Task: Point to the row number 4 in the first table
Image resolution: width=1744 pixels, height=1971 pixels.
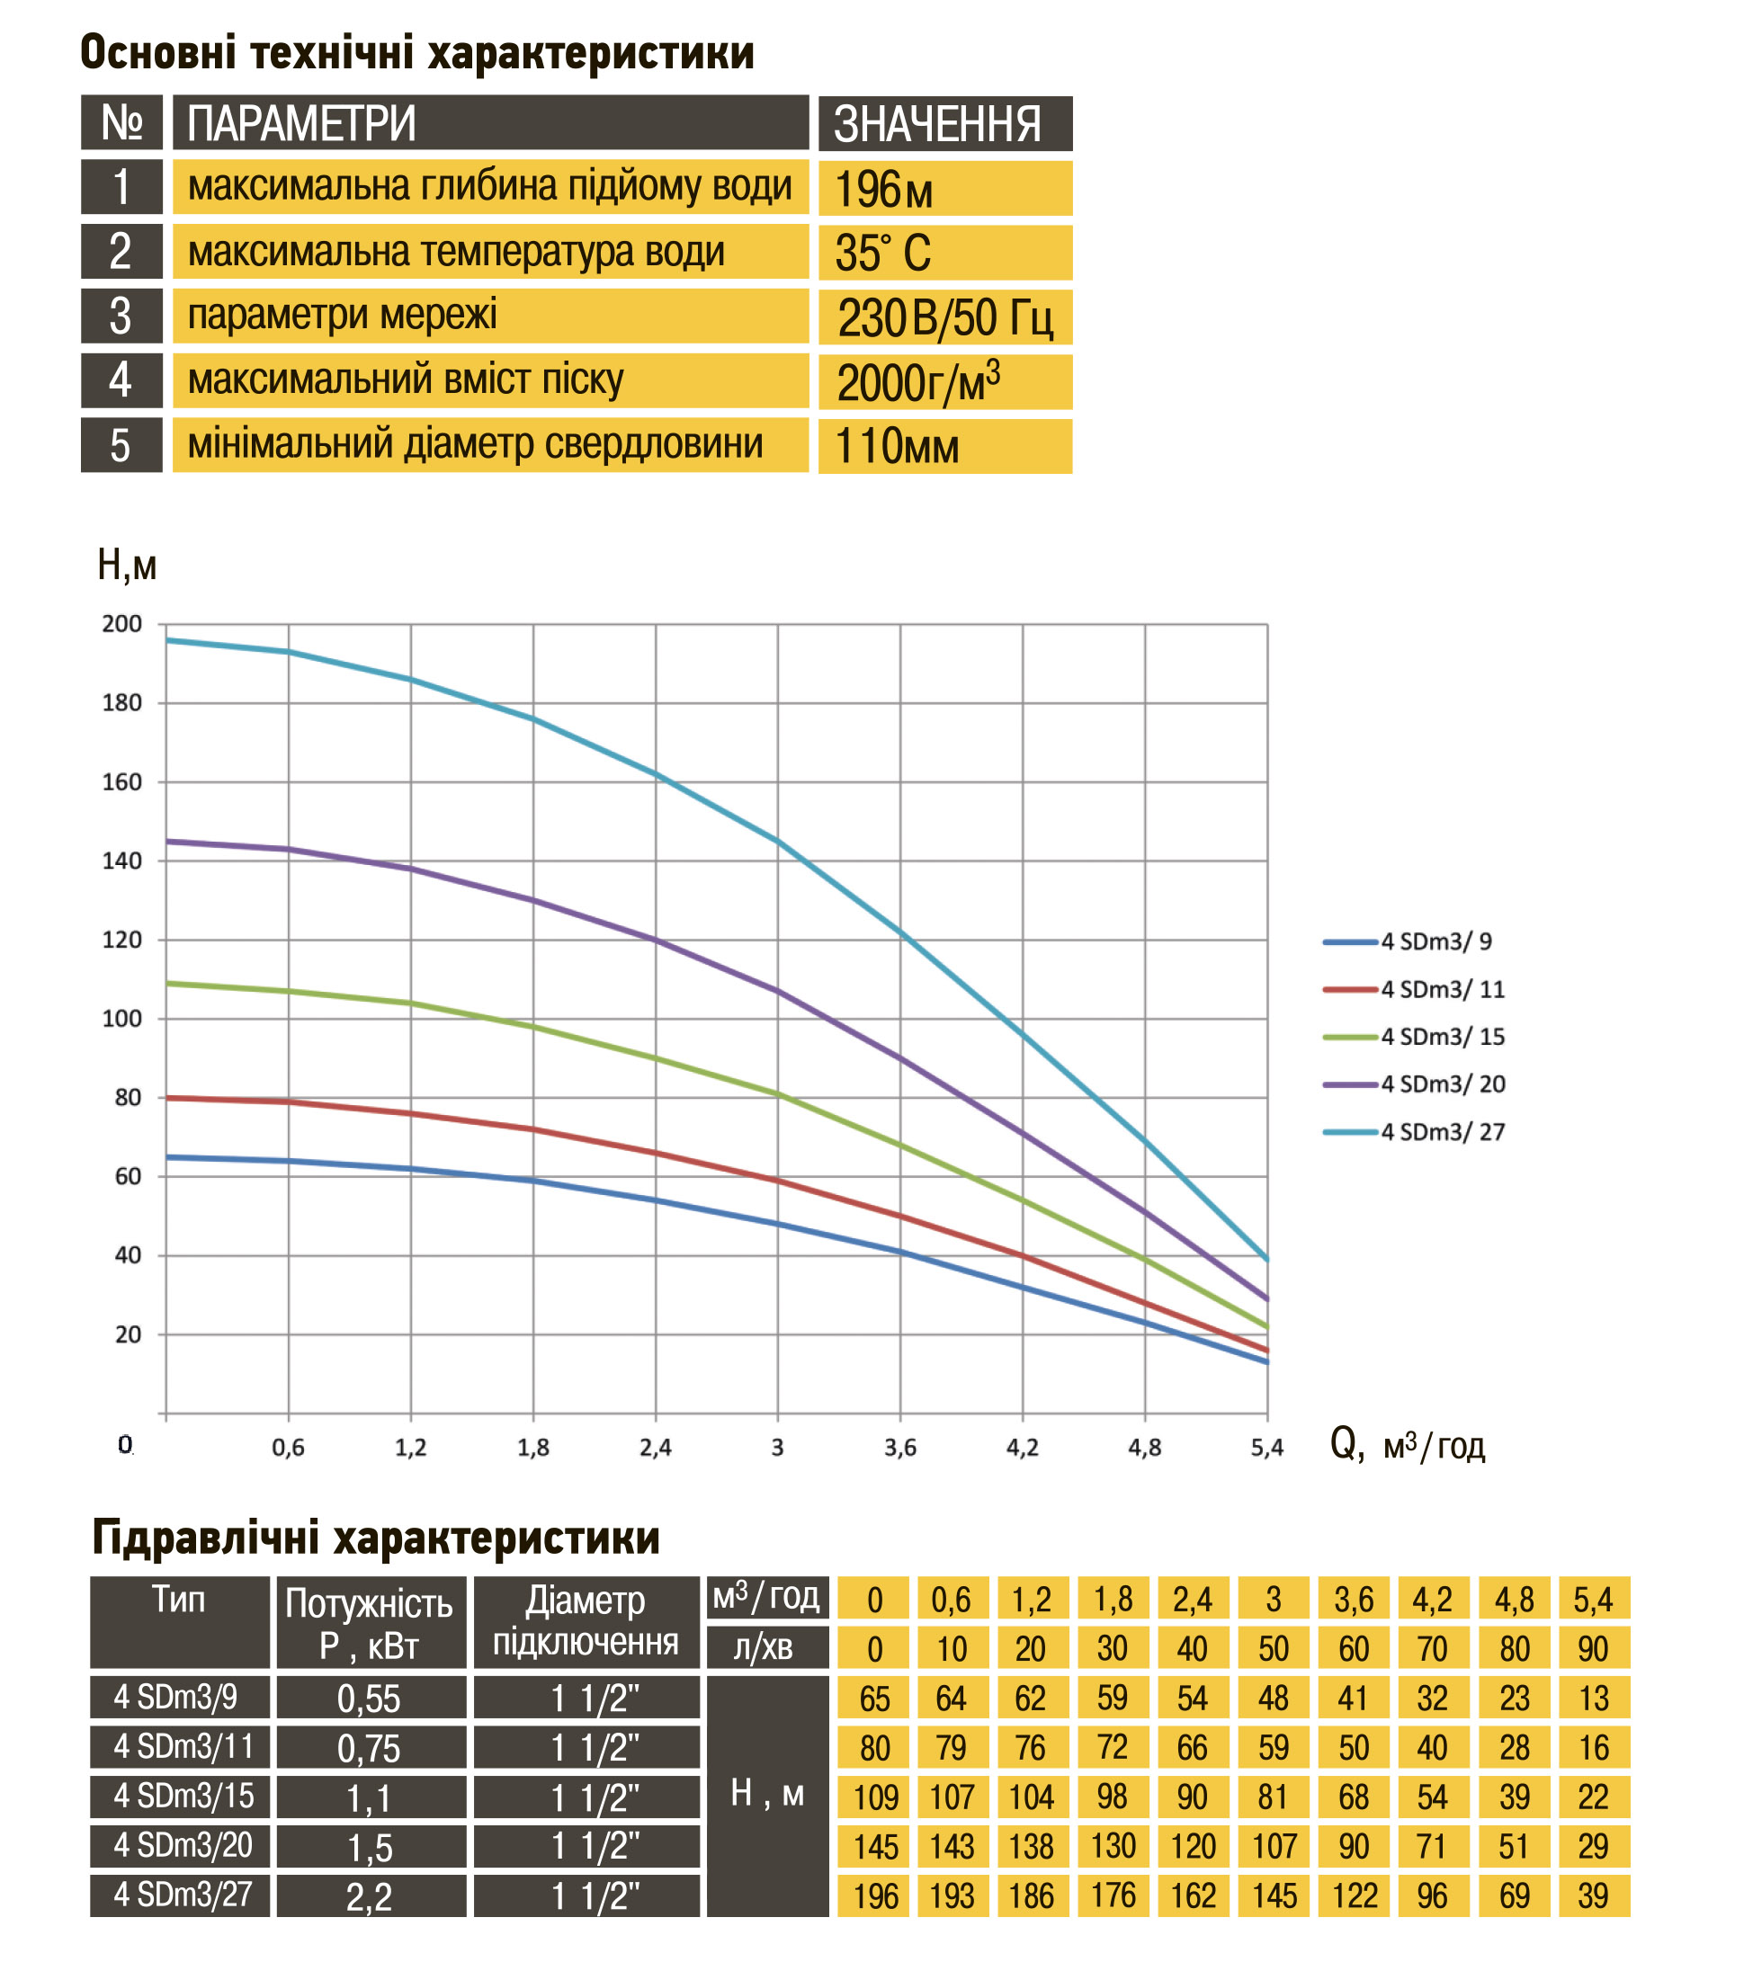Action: [x=121, y=380]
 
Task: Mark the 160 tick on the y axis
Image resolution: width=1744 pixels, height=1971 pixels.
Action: [x=122, y=782]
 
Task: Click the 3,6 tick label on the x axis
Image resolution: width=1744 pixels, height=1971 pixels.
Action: [x=900, y=1448]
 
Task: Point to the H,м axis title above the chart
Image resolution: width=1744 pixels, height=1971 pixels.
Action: [x=126, y=565]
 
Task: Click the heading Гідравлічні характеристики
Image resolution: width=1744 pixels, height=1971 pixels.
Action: [x=376, y=1538]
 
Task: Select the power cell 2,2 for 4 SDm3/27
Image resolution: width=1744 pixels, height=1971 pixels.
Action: [x=371, y=1896]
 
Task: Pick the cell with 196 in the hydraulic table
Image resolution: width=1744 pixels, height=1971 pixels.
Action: [x=874, y=1896]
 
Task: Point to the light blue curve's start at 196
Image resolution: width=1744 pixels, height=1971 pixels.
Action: [x=168, y=640]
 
